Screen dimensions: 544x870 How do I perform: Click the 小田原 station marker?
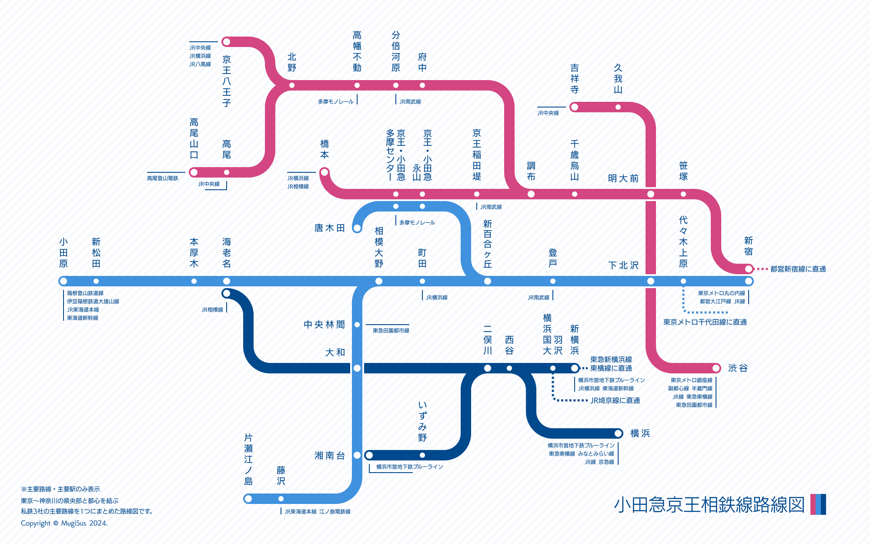tap(64, 281)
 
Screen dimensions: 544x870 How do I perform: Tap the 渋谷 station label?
tap(738, 368)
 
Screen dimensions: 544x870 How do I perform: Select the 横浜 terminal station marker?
tap(618, 433)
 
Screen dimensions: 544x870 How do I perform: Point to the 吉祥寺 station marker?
tap(574, 107)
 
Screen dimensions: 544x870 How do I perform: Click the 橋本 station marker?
tap(324, 172)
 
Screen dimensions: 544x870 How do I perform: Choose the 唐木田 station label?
tap(330, 228)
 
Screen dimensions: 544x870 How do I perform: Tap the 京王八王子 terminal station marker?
tap(226, 42)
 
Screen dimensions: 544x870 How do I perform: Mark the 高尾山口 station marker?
tap(194, 172)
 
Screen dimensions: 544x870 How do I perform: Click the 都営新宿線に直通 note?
tap(798, 269)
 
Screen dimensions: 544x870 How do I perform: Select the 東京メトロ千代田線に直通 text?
tap(705, 322)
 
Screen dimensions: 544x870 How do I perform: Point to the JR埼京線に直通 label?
tap(615, 400)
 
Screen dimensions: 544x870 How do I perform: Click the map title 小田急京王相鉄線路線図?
tap(709, 505)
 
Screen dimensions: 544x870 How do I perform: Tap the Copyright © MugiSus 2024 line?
tap(64, 523)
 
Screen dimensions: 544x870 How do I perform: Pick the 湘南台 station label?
tap(330, 456)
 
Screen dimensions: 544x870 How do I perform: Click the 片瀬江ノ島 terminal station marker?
tap(248, 499)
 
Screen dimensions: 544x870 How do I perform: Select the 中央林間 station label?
tap(324, 325)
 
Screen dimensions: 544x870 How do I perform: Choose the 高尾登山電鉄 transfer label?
tap(162, 178)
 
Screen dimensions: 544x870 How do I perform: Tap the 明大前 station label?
tap(623, 178)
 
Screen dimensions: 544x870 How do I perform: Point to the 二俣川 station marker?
tap(488, 368)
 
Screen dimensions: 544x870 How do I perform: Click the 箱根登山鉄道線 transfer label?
tap(85, 293)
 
